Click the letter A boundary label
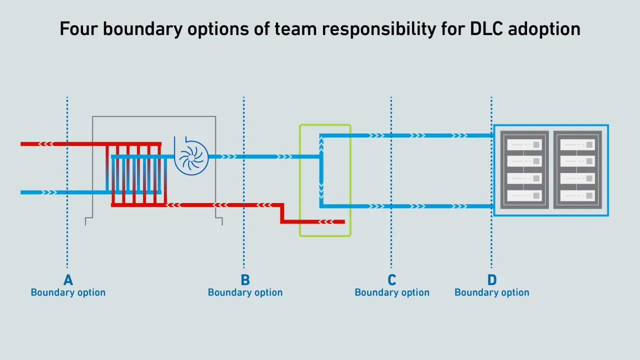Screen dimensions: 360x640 pyautogui.click(x=68, y=280)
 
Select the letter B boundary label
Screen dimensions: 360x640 pyautogui.click(x=245, y=280)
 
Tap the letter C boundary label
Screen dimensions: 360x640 pyautogui.click(x=392, y=280)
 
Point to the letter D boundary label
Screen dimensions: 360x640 pyautogui.click(x=492, y=280)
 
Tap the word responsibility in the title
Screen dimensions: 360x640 pyautogui.click(x=373, y=29)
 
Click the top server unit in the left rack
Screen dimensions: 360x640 pyautogui.click(x=524, y=144)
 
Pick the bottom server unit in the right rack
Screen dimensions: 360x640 pyautogui.click(x=577, y=195)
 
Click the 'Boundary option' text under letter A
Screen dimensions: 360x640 pyautogui.click(x=68, y=292)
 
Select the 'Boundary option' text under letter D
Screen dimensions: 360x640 pyautogui.click(x=492, y=292)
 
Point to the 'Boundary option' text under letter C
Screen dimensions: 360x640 pyautogui.click(x=392, y=292)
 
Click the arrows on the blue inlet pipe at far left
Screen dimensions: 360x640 pyautogui.click(x=49, y=192)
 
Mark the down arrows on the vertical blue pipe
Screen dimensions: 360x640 pyautogui.click(x=321, y=189)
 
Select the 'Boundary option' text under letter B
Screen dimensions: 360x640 pyautogui.click(x=245, y=292)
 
